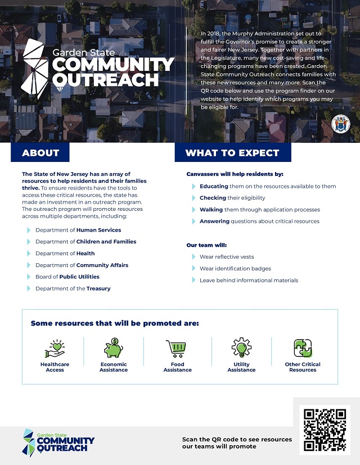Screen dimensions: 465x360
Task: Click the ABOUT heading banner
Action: [40, 152]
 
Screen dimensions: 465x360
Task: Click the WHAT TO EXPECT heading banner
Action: [232, 152]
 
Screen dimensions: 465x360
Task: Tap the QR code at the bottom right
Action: [324, 431]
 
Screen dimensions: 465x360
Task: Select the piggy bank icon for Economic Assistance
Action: [113, 348]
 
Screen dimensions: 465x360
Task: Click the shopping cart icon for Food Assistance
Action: [177, 348]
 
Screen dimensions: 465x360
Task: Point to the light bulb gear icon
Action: [241, 348]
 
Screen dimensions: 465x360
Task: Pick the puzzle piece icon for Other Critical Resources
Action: [303, 349]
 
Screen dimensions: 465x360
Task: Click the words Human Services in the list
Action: [99, 230]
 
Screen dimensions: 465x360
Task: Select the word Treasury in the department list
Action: [98, 288]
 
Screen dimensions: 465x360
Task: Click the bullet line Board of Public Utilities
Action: [67, 277]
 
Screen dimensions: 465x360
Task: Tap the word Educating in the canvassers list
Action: [213, 186]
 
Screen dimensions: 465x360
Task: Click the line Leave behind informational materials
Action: [249, 280]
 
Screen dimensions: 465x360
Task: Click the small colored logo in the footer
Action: [28, 441]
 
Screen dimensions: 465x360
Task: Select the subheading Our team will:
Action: [206, 245]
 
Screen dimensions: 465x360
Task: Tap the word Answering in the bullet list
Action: [214, 222]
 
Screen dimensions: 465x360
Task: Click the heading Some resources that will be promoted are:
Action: [115, 323]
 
